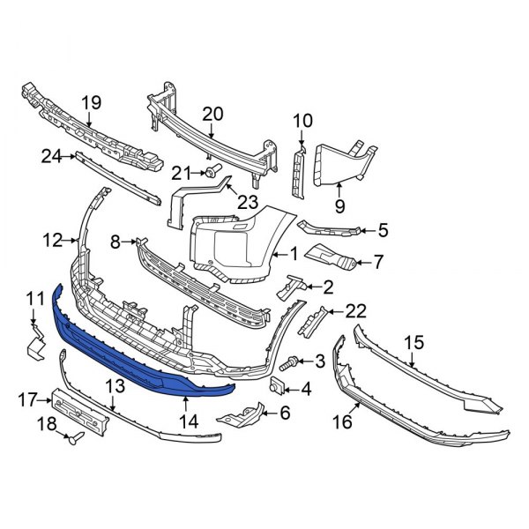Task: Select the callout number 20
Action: pyautogui.click(x=212, y=113)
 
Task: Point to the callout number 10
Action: pyautogui.click(x=302, y=120)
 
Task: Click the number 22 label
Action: pyautogui.click(x=354, y=309)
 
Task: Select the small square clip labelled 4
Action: pyautogui.click(x=275, y=386)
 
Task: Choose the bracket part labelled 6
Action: pyautogui.click(x=250, y=412)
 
